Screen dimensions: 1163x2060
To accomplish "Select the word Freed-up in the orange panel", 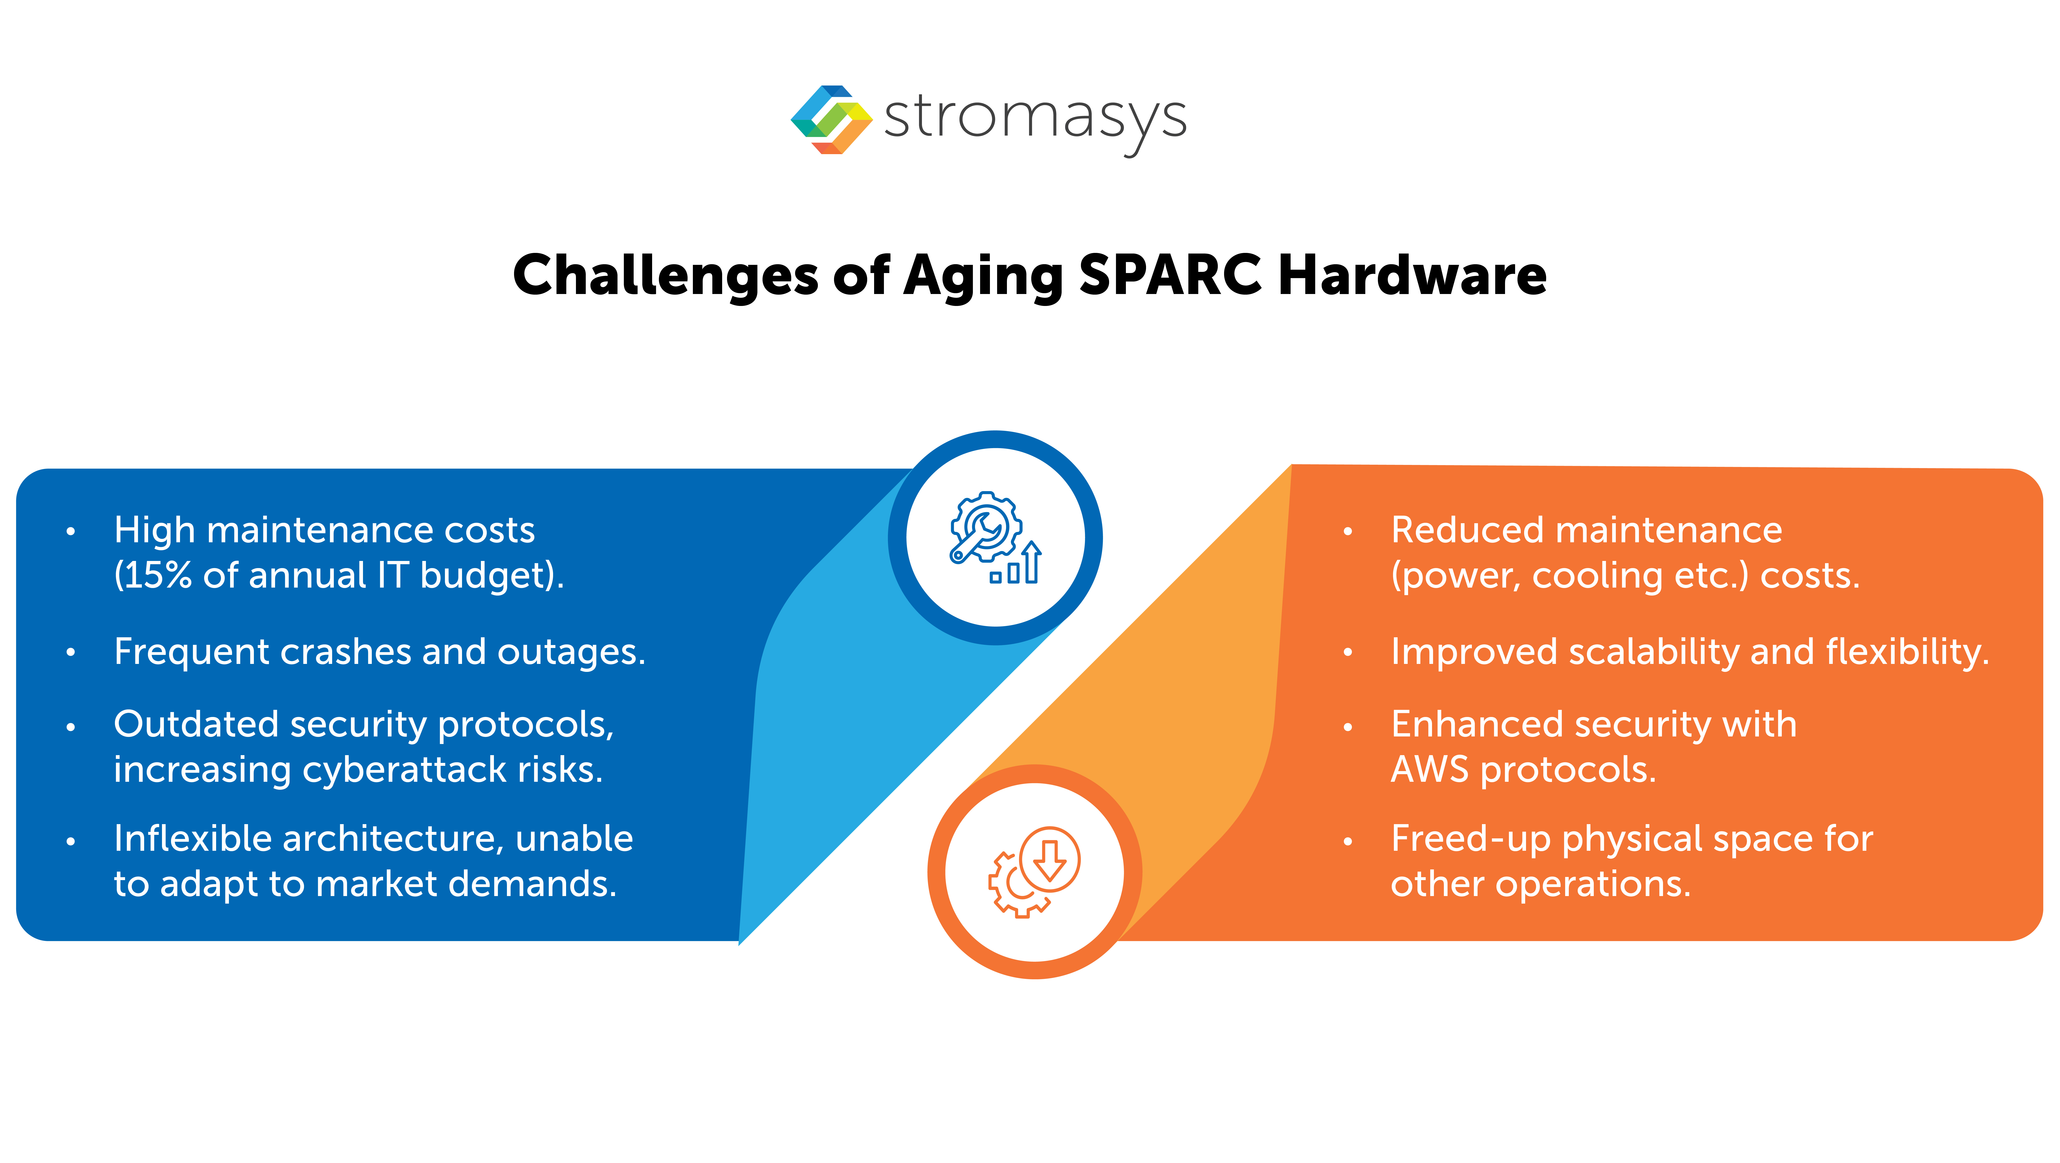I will pos(1470,839).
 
